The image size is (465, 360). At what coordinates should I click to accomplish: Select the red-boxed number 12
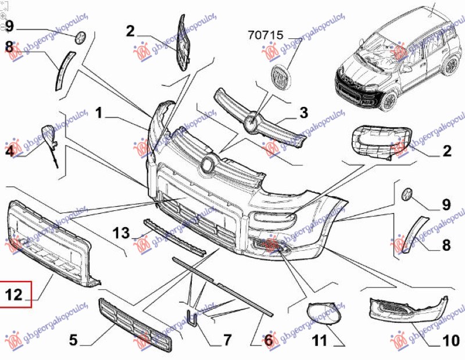coord(15,294)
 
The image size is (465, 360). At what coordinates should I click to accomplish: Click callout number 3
coord(303,113)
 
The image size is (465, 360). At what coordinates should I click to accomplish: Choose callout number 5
coord(73,340)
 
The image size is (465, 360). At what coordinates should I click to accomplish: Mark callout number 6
coord(268,340)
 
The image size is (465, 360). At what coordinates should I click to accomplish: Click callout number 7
coord(226,339)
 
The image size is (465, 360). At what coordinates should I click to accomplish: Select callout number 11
coord(320,340)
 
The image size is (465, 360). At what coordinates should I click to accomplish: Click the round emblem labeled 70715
coord(281,78)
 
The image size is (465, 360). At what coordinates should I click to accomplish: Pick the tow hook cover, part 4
coord(49,135)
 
